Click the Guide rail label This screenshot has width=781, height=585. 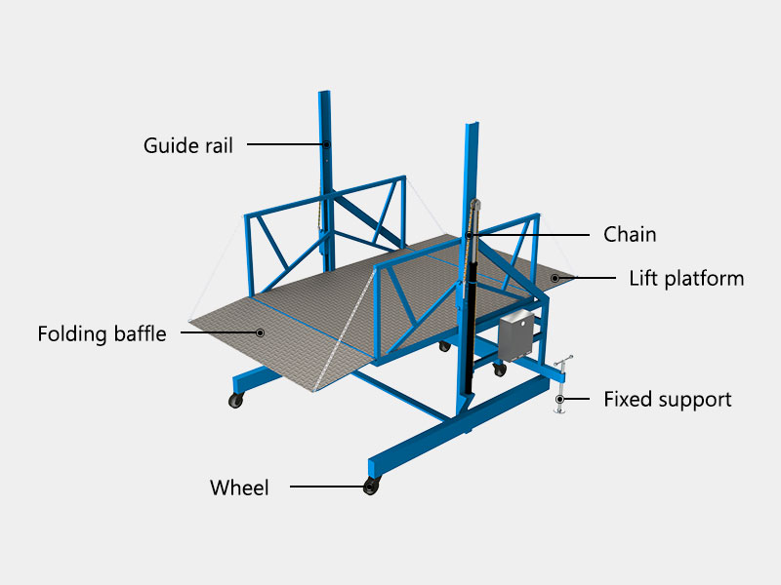click(188, 146)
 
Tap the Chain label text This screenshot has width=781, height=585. click(630, 234)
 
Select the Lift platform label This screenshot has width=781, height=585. click(686, 279)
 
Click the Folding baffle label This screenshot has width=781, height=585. click(102, 333)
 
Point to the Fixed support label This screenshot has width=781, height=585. click(667, 399)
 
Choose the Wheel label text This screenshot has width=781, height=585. click(239, 487)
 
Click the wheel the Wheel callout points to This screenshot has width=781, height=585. click(371, 487)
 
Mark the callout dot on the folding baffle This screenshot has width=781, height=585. click(261, 332)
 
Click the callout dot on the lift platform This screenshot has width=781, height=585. click(555, 279)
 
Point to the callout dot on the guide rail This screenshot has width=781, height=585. click(328, 144)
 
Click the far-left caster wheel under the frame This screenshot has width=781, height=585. click(235, 400)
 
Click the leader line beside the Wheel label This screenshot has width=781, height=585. click(327, 487)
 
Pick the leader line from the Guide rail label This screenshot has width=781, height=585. click(287, 144)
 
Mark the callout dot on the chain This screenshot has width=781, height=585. click(470, 235)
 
